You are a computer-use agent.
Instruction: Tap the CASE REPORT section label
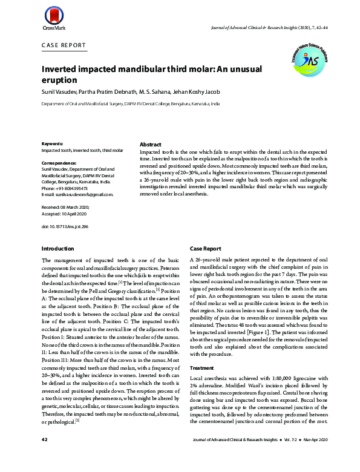pyautogui.click(x=64, y=46)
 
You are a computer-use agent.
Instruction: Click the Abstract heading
pyautogui.click(x=151, y=145)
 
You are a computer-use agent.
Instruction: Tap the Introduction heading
pyautogui.click(x=57, y=249)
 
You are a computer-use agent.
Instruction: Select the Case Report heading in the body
pyautogui.click(x=206, y=249)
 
